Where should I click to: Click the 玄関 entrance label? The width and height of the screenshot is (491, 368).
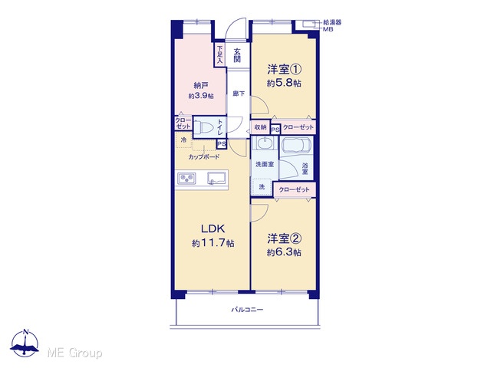click(x=237, y=55)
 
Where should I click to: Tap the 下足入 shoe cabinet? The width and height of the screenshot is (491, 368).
click(x=219, y=54)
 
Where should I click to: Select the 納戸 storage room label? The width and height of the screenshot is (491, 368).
click(x=201, y=85)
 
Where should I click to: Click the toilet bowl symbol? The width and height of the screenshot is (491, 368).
click(x=206, y=127)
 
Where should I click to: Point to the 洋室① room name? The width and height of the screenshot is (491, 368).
click(x=285, y=69)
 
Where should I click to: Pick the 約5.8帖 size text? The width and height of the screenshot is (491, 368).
click(x=284, y=83)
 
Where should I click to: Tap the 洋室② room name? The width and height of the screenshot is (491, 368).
click(x=285, y=238)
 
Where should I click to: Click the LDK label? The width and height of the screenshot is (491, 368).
click(x=213, y=229)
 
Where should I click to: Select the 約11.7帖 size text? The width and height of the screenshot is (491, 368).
click(x=213, y=243)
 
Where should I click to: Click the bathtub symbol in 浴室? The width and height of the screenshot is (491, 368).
click(x=296, y=146)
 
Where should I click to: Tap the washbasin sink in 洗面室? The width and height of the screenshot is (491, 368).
click(x=265, y=143)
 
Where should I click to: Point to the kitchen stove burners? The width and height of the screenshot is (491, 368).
click(x=187, y=179)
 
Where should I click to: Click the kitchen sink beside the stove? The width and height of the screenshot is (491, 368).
click(x=217, y=178)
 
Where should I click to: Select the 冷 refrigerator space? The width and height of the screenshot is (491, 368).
click(x=183, y=140)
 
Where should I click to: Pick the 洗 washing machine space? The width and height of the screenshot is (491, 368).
click(x=262, y=187)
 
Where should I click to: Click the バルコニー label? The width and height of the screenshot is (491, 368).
click(x=247, y=310)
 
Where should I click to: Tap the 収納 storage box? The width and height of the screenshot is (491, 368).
click(x=260, y=127)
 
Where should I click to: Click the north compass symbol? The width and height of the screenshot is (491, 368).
click(x=25, y=343)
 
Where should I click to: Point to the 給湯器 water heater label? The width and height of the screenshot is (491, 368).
click(x=332, y=22)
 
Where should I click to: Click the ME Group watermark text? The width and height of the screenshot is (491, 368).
click(x=74, y=353)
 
